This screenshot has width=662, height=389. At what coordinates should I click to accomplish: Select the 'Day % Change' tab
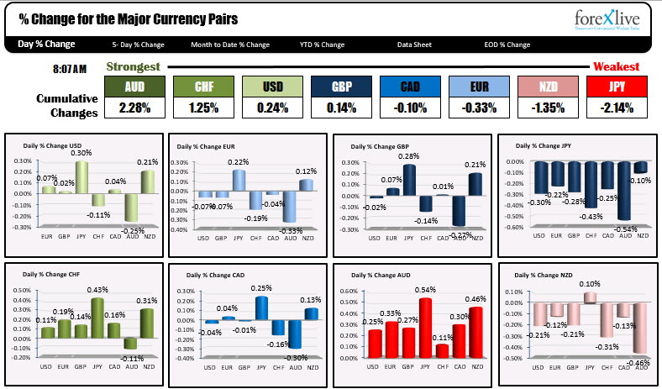coord(45,45)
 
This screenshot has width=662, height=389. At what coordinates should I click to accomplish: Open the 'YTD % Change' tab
coord(322,45)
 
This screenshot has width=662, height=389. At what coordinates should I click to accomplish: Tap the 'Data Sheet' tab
coord(415,45)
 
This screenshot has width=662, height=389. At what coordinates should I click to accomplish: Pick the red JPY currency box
coord(617,87)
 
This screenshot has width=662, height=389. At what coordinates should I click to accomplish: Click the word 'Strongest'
coord(133,66)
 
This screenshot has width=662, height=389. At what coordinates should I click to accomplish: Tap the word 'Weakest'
coord(617,66)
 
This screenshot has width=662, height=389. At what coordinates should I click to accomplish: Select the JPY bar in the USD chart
coord(81,177)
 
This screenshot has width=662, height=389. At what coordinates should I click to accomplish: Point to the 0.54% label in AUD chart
coord(426,290)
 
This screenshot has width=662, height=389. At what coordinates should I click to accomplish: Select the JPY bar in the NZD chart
coord(591,297)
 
